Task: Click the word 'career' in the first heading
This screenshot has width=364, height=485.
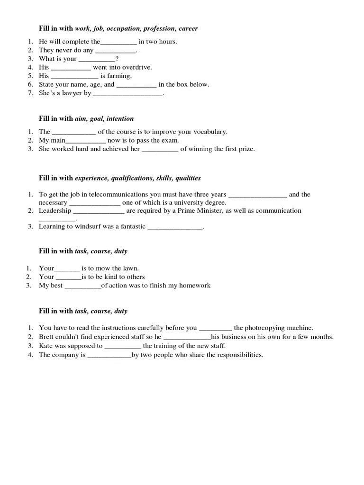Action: (x=188, y=29)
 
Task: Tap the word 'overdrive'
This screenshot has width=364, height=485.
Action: (x=138, y=67)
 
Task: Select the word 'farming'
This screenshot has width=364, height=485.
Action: (x=120, y=76)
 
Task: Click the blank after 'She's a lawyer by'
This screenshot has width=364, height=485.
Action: (x=127, y=93)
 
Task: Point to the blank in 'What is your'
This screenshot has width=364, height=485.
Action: (x=96, y=59)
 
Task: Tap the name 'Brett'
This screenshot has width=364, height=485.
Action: (x=47, y=337)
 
